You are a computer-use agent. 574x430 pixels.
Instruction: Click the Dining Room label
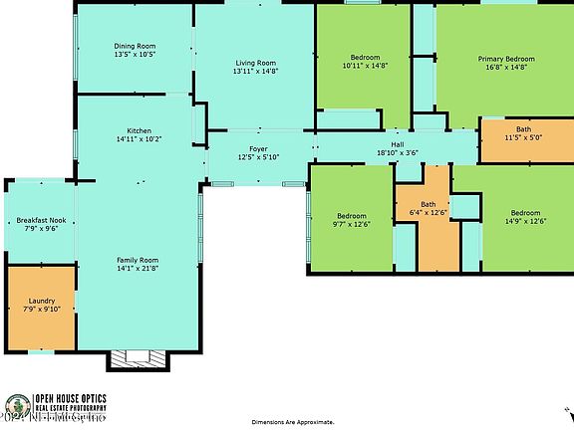tap(135, 46)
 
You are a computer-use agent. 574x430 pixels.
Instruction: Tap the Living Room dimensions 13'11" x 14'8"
tap(254, 72)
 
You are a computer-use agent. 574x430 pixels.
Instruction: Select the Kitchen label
tap(139, 130)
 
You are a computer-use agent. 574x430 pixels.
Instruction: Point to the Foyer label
tap(258, 148)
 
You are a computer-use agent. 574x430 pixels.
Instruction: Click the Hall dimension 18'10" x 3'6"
tap(397, 153)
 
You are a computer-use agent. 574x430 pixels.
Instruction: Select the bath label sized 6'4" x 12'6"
tap(429, 205)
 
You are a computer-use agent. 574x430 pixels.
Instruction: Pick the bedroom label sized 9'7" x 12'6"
tap(351, 215)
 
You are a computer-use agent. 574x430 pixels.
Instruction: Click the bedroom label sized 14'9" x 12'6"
tap(525, 213)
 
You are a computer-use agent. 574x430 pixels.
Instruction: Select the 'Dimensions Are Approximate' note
tap(286, 422)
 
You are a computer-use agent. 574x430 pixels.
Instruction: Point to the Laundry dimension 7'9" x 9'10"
tap(42, 309)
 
